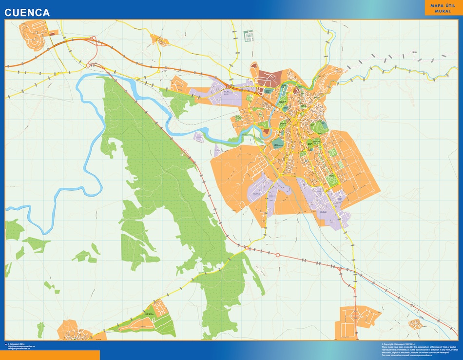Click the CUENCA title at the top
click(27, 13)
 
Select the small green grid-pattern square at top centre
click(249, 36)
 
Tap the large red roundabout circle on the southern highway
click(278, 255)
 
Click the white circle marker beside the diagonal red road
click(181, 155)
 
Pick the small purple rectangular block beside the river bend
click(199, 137)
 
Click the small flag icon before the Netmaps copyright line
click(5, 344)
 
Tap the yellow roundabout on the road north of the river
click(158, 72)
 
